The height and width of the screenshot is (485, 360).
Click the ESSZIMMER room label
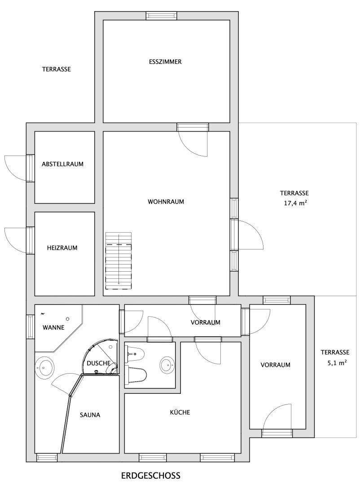[165, 62]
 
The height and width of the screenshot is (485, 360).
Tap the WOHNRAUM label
[166, 202]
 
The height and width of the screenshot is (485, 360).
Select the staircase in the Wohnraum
[119, 261]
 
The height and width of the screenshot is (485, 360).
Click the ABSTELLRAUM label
[63, 164]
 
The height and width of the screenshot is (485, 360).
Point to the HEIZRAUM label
[62, 247]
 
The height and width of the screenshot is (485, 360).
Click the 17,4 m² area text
[294, 203]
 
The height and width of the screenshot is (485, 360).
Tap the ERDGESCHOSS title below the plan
[151, 475]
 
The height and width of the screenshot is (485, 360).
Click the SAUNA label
[90, 415]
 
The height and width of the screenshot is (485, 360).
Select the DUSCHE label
[98, 363]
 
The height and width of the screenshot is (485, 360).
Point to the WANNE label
[54, 327]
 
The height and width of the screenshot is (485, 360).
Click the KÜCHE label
[180, 412]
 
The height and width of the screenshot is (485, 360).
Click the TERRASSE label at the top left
[57, 69]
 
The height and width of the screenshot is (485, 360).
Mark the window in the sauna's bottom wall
[47, 458]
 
